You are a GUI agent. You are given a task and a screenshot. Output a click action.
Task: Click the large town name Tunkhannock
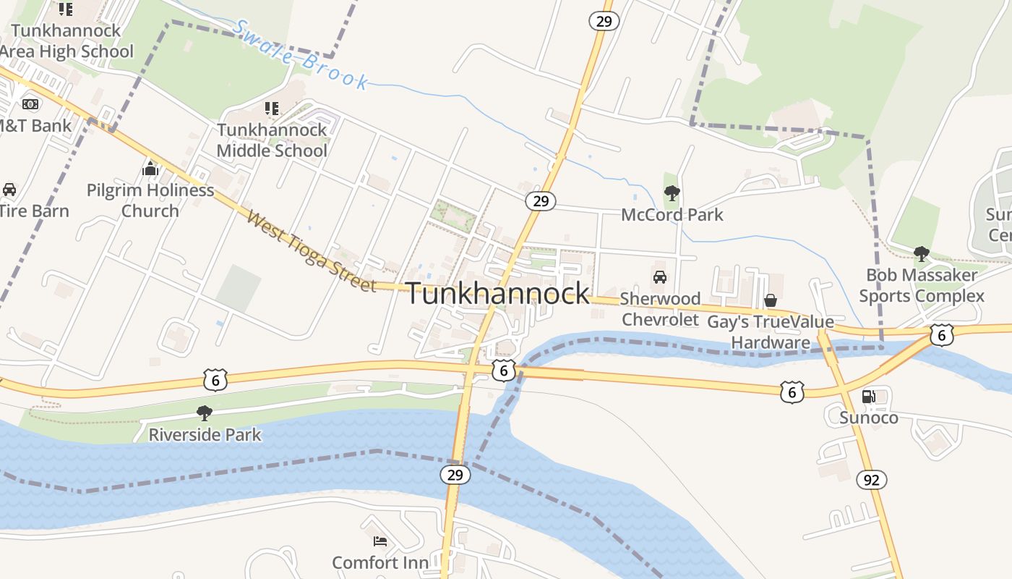[x=498, y=294]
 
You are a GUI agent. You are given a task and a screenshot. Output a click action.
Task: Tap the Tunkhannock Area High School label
[x=67, y=41]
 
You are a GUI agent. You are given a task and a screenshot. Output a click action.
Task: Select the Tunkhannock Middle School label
[x=272, y=140]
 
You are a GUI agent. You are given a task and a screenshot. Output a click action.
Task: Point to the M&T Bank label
[x=34, y=126]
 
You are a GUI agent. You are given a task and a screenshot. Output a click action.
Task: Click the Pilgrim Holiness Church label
[x=150, y=200]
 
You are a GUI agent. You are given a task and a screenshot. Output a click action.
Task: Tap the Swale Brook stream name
[x=301, y=55]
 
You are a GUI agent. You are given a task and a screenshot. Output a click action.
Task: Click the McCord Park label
[x=672, y=215]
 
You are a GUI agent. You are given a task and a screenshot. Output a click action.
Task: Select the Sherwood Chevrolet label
[x=660, y=309]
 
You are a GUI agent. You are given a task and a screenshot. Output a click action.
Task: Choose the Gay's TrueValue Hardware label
[x=771, y=332]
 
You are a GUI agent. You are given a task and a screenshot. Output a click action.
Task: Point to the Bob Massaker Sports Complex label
[x=922, y=285]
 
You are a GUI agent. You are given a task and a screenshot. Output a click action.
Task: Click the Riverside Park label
[x=205, y=435]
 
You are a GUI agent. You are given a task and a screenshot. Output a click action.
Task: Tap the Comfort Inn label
[x=380, y=562]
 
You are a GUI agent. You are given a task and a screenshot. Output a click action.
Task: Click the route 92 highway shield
[x=872, y=479]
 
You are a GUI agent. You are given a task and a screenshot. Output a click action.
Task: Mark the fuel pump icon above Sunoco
[x=869, y=396]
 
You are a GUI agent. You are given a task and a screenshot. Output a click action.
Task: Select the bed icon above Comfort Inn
[x=380, y=541]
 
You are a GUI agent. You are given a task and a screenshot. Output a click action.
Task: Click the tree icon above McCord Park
[x=672, y=193]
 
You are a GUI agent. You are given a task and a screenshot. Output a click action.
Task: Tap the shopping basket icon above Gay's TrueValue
[x=771, y=300]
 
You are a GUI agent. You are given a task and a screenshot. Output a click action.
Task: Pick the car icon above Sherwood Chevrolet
[x=660, y=276]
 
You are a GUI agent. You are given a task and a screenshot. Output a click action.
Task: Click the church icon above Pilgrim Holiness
[x=150, y=169]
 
